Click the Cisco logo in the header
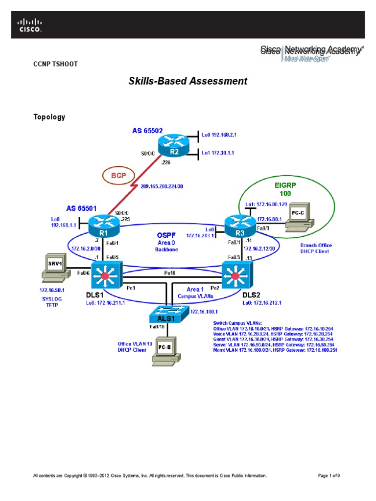[30, 25]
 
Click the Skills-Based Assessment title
[188, 81]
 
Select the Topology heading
[49, 117]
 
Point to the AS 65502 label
[147, 131]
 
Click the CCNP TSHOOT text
[55, 64]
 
